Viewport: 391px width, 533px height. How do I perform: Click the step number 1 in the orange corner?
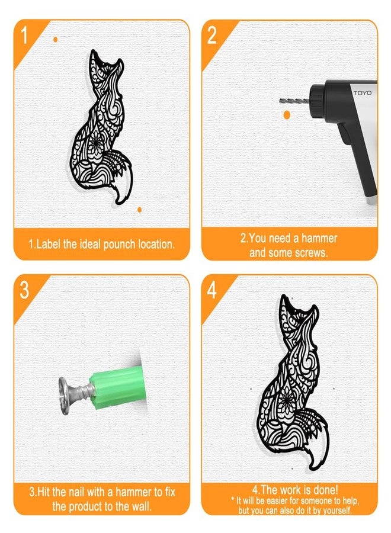[24, 35]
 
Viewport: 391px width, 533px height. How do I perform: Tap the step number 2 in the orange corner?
[211, 35]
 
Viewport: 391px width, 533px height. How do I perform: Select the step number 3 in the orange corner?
[24, 290]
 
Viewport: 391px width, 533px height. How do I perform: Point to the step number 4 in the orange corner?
[211, 290]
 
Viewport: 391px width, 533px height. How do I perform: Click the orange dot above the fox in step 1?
[56, 40]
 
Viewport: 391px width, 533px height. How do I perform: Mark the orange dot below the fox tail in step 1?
[139, 210]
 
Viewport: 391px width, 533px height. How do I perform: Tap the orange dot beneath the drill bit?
[287, 115]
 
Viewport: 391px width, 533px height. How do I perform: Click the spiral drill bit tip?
[281, 101]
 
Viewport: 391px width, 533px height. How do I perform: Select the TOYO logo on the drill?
[363, 93]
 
